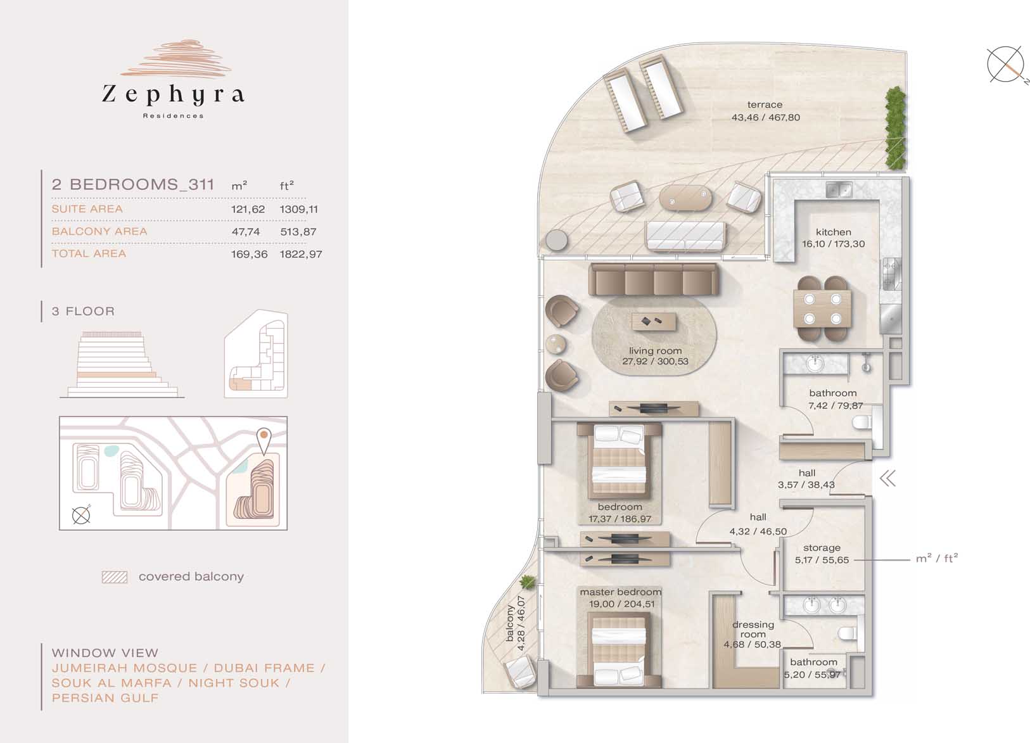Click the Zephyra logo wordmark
(x=173, y=94)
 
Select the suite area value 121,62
(x=248, y=209)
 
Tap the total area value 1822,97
(x=301, y=254)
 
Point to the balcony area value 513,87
(x=298, y=232)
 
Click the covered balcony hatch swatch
(x=115, y=577)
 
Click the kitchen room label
(x=833, y=232)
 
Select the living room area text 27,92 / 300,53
(x=655, y=362)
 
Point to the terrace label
(x=765, y=105)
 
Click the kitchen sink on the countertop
(x=839, y=189)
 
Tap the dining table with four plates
(x=823, y=308)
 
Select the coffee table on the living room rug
(x=654, y=321)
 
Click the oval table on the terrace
(x=685, y=198)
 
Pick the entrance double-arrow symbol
(x=888, y=479)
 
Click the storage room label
(x=822, y=548)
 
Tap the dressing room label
(x=753, y=630)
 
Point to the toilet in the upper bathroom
(x=862, y=422)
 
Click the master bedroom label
(x=621, y=592)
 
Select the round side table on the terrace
(x=557, y=240)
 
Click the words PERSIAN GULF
(x=105, y=698)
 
